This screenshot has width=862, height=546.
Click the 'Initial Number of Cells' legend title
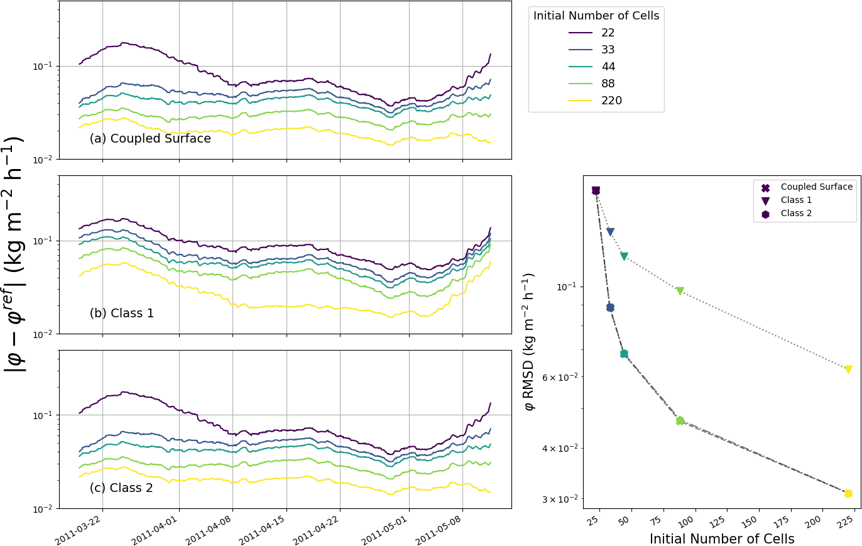coord(596,16)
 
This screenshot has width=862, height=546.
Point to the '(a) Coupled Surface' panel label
coord(150,139)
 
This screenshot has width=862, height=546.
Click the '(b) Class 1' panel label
coord(121,313)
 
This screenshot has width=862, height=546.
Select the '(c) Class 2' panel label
coord(121,488)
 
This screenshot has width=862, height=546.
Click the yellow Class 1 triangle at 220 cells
coord(848,369)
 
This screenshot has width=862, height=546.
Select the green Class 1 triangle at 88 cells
coord(680,291)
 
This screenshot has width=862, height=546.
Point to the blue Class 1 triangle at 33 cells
coord(610,232)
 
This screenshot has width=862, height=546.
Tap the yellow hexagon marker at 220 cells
coord(848,493)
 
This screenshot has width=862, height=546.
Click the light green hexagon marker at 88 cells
coord(680,420)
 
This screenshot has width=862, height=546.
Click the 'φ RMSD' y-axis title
coord(530,342)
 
